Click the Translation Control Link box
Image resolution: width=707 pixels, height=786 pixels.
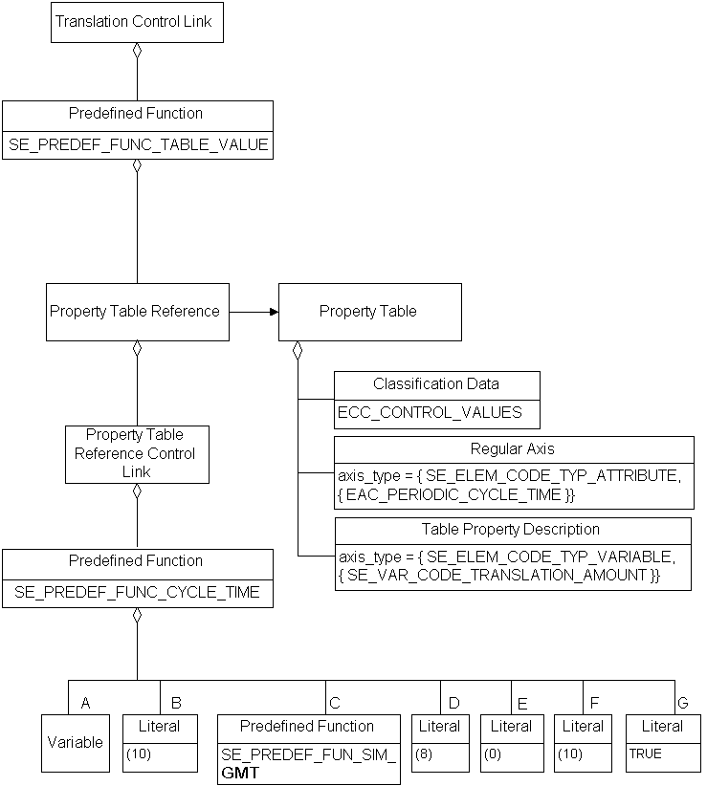tap(136, 22)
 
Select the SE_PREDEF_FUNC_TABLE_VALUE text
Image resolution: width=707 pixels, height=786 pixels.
tap(137, 145)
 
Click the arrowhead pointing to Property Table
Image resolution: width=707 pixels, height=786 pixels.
tap(273, 312)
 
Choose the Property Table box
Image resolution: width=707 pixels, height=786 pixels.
tap(369, 312)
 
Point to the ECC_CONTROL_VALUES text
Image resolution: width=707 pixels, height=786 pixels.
tap(430, 413)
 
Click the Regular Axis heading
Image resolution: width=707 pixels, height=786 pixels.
tap(512, 448)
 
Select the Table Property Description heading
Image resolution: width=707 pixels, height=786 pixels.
tap(511, 529)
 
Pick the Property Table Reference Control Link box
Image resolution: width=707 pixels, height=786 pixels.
tap(136, 453)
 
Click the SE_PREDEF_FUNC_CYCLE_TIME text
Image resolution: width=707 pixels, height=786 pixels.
tap(137, 593)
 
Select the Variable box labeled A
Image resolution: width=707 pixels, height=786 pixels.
tap(76, 742)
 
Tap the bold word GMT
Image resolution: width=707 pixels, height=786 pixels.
tap(240, 773)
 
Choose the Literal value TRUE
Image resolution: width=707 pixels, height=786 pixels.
tap(645, 753)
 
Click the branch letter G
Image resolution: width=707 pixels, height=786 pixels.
tap(682, 703)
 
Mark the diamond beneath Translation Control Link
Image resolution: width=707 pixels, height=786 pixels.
tap(137, 50)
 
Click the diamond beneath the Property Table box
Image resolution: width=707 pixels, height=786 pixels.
tap(298, 349)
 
